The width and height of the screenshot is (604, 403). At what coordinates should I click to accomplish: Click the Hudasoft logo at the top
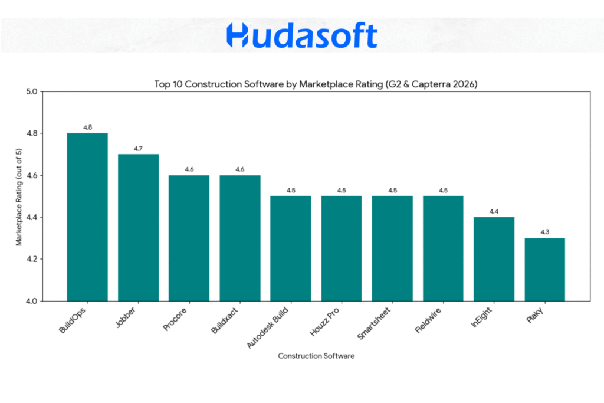pyautogui.click(x=301, y=35)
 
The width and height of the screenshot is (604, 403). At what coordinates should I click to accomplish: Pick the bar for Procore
pyautogui.click(x=189, y=238)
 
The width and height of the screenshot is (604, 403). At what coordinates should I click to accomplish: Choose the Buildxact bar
pyautogui.click(x=239, y=238)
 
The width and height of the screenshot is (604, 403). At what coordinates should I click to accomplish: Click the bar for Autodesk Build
pyautogui.click(x=291, y=248)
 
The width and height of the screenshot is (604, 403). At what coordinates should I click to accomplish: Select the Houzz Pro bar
pyautogui.click(x=342, y=248)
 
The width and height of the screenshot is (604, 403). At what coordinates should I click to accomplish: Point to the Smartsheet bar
pyautogui.click(x=392, y=248)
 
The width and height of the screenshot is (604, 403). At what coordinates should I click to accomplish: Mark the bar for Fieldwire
pyautogui.click(x=443, y=248)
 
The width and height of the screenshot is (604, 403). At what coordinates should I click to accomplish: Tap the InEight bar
pyautogui.click(x=494, y=259)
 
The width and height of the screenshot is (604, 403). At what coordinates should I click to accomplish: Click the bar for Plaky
pyautogui.click(x=544, y=270)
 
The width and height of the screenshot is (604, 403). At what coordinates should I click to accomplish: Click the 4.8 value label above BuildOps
pyautogui.click(x=87, y=127)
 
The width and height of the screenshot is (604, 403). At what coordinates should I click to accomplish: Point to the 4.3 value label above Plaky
pyautogui.click(x=544, y=232)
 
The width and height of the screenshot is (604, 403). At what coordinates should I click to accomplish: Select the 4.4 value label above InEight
pyautogui.click(x=494, y=211)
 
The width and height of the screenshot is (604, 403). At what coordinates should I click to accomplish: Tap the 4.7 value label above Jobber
pyautogui.click(x=138, y=149)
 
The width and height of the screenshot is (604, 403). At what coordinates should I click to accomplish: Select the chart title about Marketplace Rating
pyautogui.click(x=316, y=84)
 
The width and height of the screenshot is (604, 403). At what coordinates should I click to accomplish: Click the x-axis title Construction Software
pyautogui.click(x=316, y=356)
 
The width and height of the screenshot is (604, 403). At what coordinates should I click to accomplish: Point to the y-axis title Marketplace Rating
pyautogui.click(x=19, y=196)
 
